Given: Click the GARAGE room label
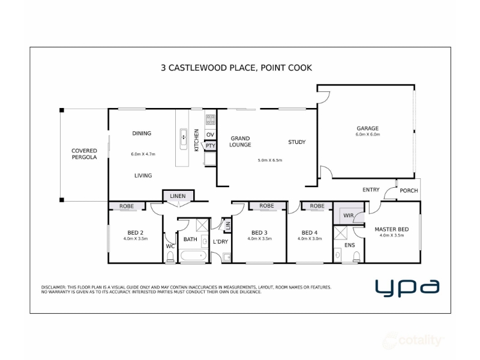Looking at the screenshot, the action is point(367,128).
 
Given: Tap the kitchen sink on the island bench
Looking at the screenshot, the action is point(184,139).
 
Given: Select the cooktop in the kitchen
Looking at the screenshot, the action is point(211,119).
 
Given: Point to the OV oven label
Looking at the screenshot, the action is point(210,134).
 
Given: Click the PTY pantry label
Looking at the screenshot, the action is point(211,146).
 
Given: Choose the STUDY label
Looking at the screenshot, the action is point(296,142).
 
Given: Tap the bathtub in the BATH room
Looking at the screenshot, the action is point(193,256).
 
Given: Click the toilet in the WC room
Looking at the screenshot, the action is point(170,257).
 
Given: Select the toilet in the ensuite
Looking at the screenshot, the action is point(356,257).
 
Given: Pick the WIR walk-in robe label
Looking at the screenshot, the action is point(348,215).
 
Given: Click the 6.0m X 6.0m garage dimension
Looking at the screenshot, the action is point(368,134).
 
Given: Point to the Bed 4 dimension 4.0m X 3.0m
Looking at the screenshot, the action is point(310,238).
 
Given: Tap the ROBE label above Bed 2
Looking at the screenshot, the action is point(127,206).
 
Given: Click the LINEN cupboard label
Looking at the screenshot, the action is point(178,196).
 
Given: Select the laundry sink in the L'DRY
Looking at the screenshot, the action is point(227,257).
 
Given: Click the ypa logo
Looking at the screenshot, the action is point(407,288).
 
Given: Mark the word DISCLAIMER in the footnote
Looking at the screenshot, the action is point(53,287).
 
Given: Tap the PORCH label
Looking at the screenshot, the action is point(409,191).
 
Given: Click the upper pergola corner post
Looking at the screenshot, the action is point(62,110).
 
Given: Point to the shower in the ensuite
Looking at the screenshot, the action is point(340,233).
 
